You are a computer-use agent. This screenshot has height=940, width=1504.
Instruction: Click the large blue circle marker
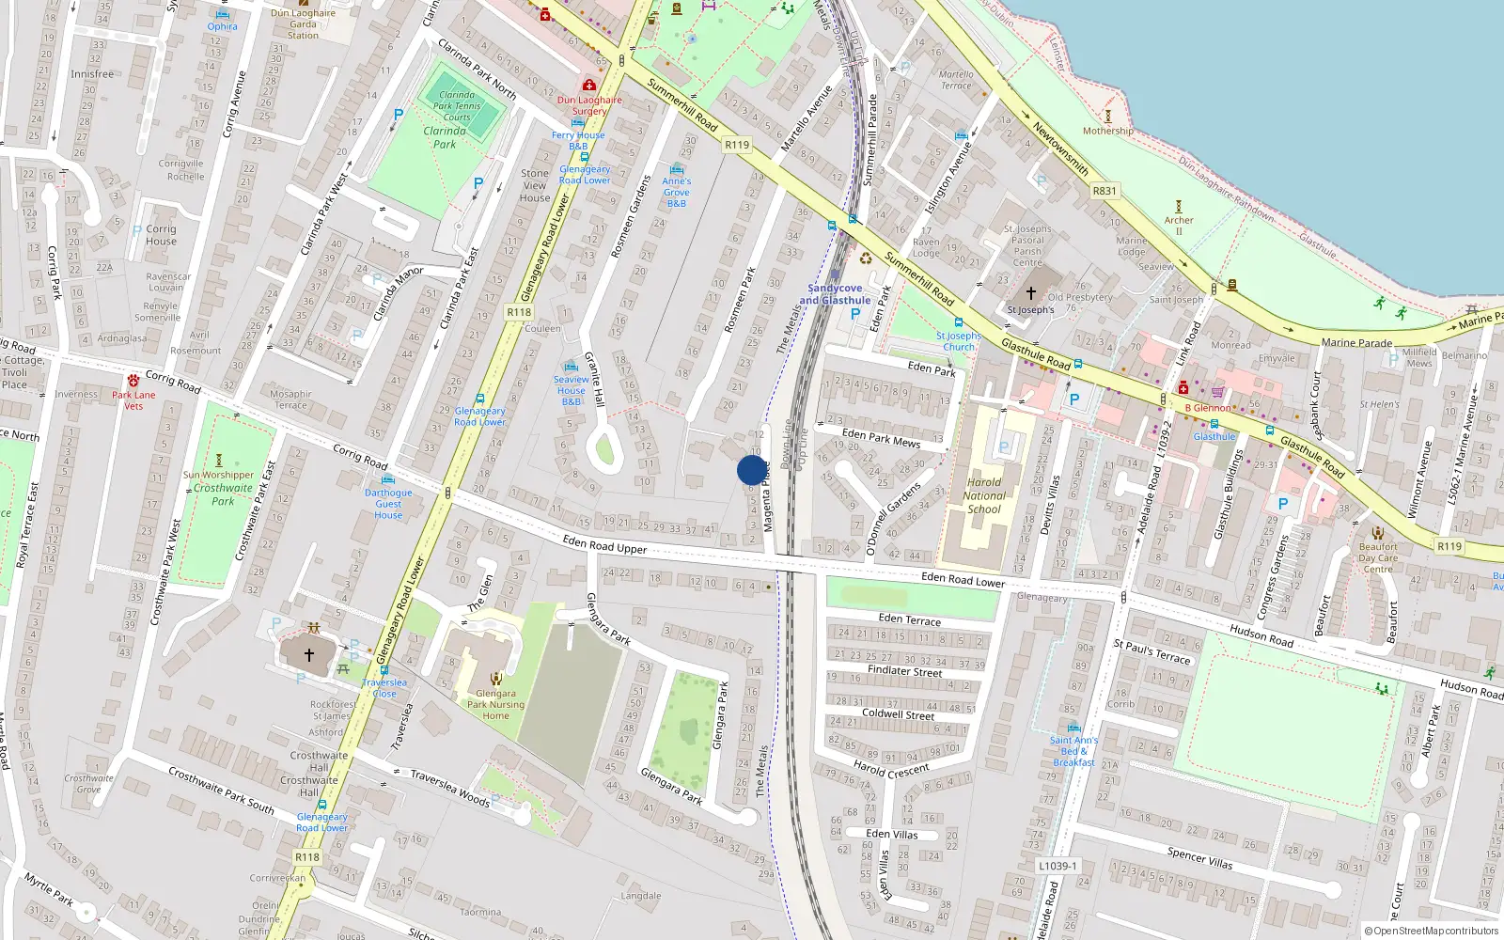[x=752, y=470]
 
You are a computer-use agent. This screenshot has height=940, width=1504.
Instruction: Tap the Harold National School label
[x=984, y=495]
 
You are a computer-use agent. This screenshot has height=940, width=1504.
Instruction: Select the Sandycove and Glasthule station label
[x=835, y=294]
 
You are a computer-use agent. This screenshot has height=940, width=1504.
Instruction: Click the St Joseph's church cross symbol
[x=1030, y=293]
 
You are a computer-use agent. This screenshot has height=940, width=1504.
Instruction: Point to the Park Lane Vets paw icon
[x=133, y=381]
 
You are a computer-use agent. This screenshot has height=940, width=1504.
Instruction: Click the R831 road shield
[x=1104, y=191]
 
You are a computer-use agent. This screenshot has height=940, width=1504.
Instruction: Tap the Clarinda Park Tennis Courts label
[x=457, y=105]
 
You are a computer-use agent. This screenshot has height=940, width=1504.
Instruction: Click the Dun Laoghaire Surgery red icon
[x=589, y=86]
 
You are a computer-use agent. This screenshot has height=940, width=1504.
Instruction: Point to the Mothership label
[x=1107, y=131]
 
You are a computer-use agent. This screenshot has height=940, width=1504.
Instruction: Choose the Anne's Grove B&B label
[x=677, y=192]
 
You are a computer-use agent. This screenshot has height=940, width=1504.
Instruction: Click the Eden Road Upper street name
[x=604, y=543]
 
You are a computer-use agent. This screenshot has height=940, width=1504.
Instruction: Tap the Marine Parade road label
[x=1356, y=342]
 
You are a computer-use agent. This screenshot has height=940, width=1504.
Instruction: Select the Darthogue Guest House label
[x=388, y=504]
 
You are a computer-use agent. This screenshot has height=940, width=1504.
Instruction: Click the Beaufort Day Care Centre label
[x=1378, y=557]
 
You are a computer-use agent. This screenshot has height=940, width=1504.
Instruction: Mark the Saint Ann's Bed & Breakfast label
[x=1073, y=751]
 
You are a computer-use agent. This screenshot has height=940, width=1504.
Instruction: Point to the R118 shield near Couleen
[x=519, y=312]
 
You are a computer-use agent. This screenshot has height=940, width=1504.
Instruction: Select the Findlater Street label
[x=904, y=671]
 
